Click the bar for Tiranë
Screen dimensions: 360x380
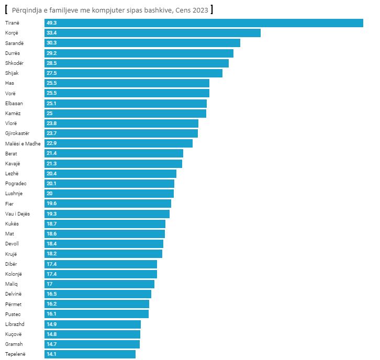pos(204,23)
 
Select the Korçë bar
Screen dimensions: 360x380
pos(152,33)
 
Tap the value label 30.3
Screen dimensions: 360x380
pos(51,43)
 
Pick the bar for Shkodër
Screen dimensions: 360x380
pos(137,63)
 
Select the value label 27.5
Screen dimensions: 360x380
pos(51,73)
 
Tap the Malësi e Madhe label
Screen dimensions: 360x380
pos(23,143)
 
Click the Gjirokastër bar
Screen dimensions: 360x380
pos(121,133)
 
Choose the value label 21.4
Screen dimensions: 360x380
pos(51,153)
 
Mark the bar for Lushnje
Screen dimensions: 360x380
pos(109,194)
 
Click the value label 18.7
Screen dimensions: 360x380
pos(51,223)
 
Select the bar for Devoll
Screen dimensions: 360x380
pos(104,244)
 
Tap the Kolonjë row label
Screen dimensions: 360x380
pos(14,274)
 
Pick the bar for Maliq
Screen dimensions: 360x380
pos(99,284)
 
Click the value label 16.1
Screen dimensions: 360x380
pos(51,314)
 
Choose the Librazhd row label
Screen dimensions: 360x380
pos(15,324)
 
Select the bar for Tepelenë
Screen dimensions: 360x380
pos(90,354)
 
